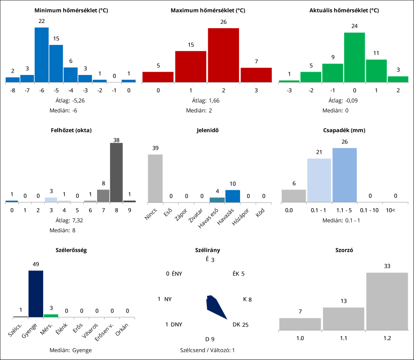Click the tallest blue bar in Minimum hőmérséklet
pyautogui.click(x=42, y=55)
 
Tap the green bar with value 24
pyautogui.click(x=354, y=57)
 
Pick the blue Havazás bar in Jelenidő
pyautogui.click(x=233, y=196)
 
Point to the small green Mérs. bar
pyautogui.click(x=51, y=315)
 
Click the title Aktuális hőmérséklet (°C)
pyautogui.click(x=344, y=10)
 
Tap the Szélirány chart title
pyautogui.click(x=207, y=250)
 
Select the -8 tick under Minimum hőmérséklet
pyautogui.click(x=13, y=90)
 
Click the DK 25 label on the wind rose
pyautogui.click(x=241, y=324)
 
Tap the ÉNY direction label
pyautogui.click(x=176, y=274)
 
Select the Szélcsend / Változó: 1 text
pyautogui.click(x=207, y=350)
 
